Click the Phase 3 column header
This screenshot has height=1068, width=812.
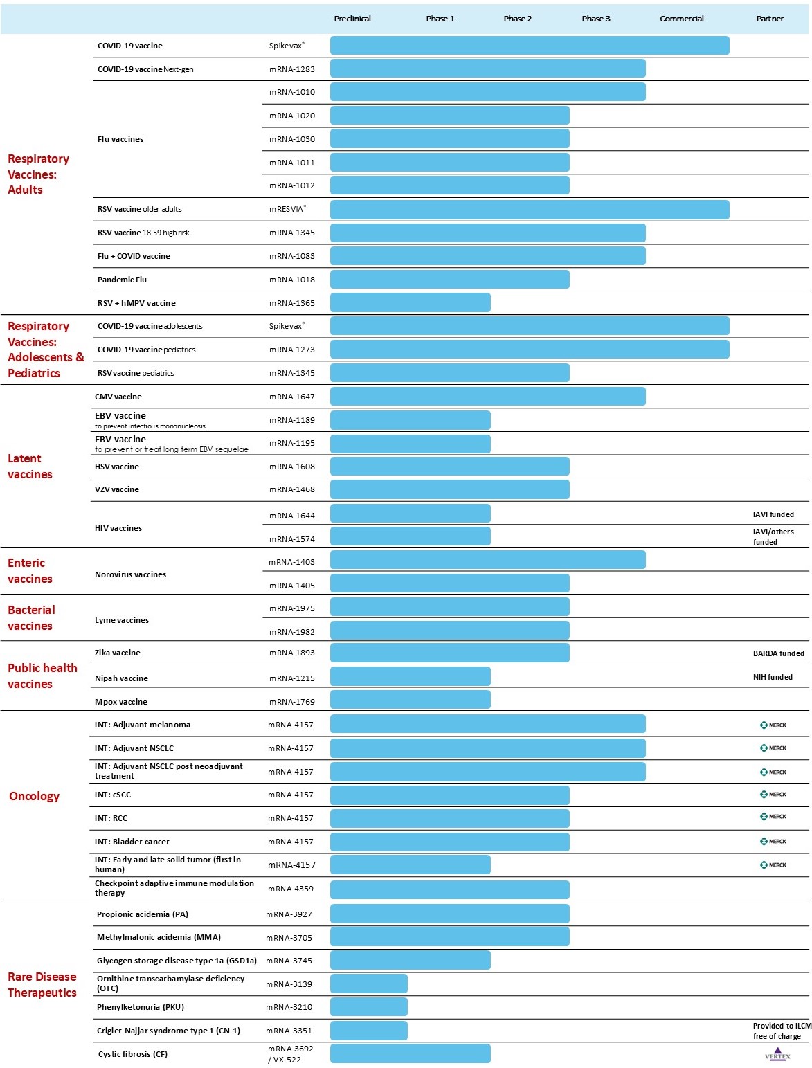click(595, 19)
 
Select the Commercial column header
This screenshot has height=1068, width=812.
click(681, 19)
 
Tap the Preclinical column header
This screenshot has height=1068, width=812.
click(352, 19)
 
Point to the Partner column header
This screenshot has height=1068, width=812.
click(769, 19)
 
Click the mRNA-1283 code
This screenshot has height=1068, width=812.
click(291, 69)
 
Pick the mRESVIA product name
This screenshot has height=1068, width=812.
click(287, 209)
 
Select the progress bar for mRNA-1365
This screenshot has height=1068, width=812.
click(410, 302)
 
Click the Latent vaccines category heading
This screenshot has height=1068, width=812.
click(30, 467)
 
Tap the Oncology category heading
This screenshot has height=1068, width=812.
click(34, 796)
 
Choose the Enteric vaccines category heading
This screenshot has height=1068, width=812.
click(30, 571)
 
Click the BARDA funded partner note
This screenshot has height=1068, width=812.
click(778, 653)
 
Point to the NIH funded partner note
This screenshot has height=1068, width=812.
click(773, 677)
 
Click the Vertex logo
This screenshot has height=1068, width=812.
click(777, 1054)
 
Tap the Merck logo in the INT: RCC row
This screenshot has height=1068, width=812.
click(773, 817)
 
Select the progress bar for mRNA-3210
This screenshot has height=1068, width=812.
click(368, 1007)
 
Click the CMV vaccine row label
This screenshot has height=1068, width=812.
click(118, 397)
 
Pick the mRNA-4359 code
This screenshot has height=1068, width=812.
click(290, 889)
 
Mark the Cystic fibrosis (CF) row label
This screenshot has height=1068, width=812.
click(133, 1054)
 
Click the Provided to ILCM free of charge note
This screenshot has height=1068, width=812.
click(782, 1031)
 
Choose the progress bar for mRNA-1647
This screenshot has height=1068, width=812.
click(487, 397)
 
